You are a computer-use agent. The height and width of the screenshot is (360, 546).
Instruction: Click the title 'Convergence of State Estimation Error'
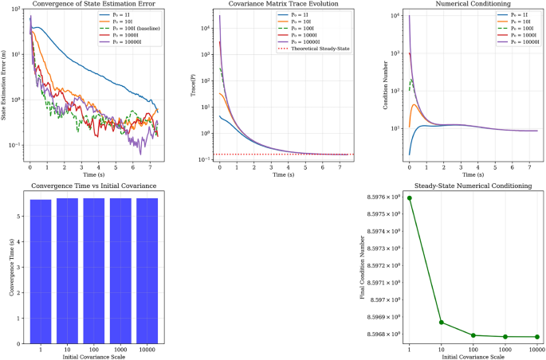click(x=92, y=6)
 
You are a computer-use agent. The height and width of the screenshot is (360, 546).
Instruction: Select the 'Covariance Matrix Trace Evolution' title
click(x=273, y=6)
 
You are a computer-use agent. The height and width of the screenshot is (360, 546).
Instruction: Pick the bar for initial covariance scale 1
click(x=41, y=271)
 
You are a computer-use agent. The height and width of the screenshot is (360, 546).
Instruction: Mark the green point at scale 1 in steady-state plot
click(x=410, y=198)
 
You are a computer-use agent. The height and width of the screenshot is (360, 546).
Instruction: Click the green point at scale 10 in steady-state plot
click(x=442, y=323)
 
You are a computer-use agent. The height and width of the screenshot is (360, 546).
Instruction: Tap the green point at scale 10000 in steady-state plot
click(x=537, y=337)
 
